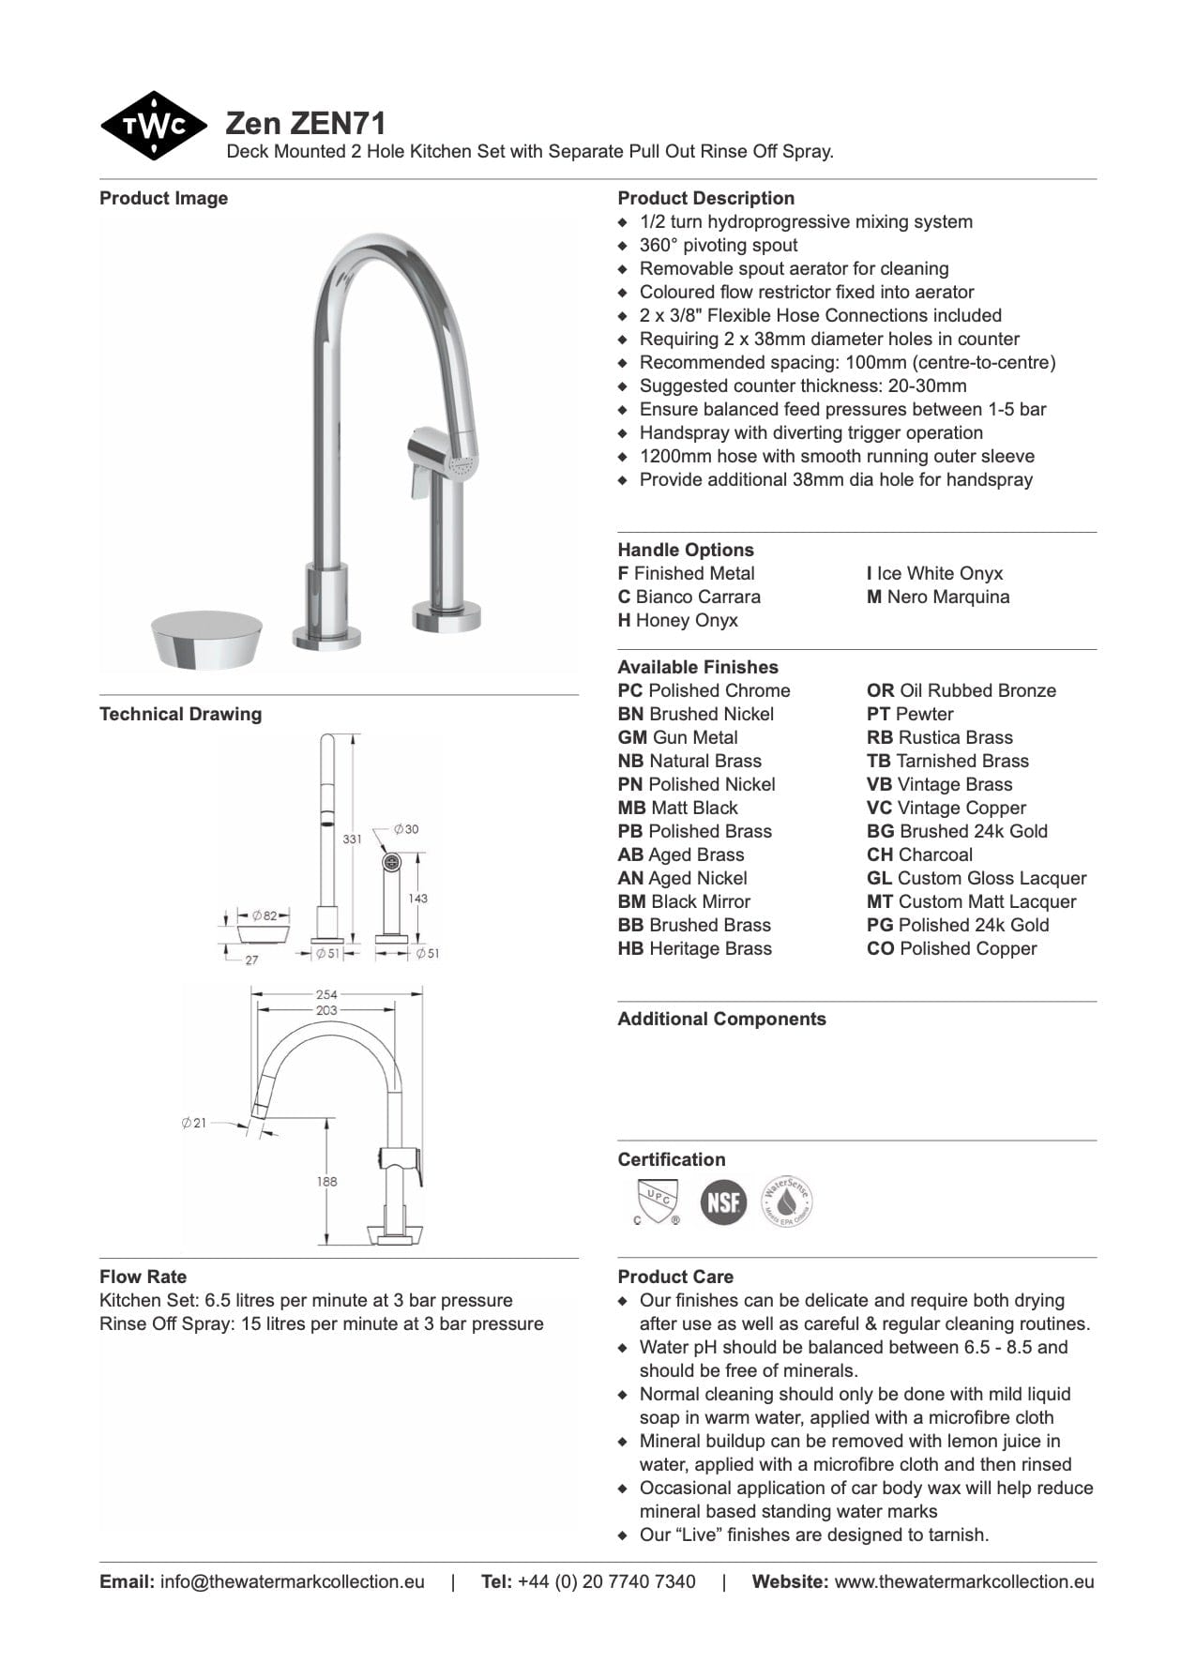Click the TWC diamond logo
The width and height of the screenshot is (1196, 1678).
(153, 125)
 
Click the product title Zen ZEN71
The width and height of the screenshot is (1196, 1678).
(305, 124)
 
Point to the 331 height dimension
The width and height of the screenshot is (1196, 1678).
(352, 839)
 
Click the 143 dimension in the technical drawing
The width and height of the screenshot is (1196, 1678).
(417, 899)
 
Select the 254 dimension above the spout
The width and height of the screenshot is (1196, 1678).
(326, 994)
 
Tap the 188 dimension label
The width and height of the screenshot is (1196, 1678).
(326, 1182)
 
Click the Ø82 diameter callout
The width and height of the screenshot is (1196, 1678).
(265, 915)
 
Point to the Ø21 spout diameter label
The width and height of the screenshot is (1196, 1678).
(194, 1123)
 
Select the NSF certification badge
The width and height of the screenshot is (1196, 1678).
(723, 1202)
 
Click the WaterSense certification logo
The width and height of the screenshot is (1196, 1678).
(786, 1202)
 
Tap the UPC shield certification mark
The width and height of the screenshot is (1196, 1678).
(657, 1202)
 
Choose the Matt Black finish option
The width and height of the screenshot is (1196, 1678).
(677, 808)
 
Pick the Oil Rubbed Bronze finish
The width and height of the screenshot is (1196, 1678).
(961, 690)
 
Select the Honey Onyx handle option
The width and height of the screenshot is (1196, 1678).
(677, 620)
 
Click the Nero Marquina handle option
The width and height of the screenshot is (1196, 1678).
(937, 597)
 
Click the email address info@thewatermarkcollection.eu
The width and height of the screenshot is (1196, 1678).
(292, 1581)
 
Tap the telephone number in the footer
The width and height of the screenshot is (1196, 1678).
(606, 1581)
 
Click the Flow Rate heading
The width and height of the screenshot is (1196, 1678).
(143, 1277)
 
